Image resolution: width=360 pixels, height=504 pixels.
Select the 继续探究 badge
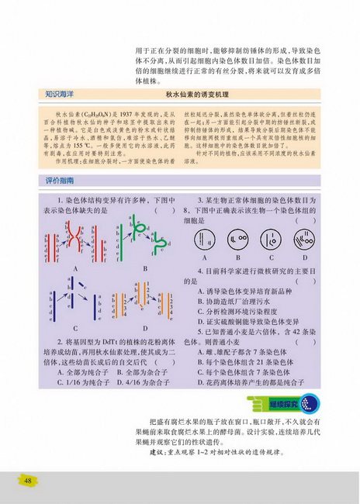point(294,403)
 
